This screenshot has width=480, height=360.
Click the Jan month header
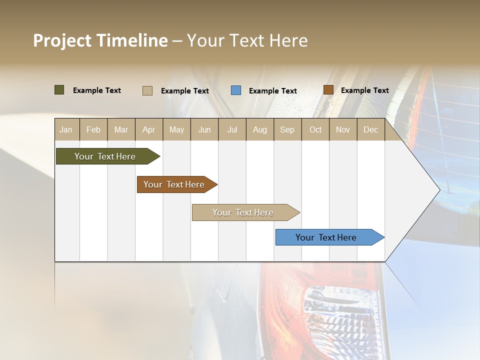(x=66, y=129)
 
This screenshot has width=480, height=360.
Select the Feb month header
(x=93, y=129)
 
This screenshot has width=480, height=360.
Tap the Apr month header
(x=149, y=129)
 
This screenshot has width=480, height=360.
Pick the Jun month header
(x=204, y=129)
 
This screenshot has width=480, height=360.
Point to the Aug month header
(x=260, y=129)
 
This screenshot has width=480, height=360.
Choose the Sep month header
(x=287, y=129)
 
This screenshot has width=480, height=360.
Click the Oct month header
(x=315, y=129)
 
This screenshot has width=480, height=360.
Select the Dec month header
(x=371, y=129)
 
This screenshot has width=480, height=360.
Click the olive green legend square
(x=59, y=90)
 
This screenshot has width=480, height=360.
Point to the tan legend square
(x=147, y=90)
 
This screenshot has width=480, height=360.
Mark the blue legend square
(x=236, y=90)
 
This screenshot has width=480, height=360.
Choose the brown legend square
(x=328, y=90)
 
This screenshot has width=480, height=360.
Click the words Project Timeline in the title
(x=100, y=40)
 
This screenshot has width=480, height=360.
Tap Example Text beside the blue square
(x=273, y=91)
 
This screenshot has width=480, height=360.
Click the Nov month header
(x=343, y=129)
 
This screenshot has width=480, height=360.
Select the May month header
(x=176, y=129)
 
